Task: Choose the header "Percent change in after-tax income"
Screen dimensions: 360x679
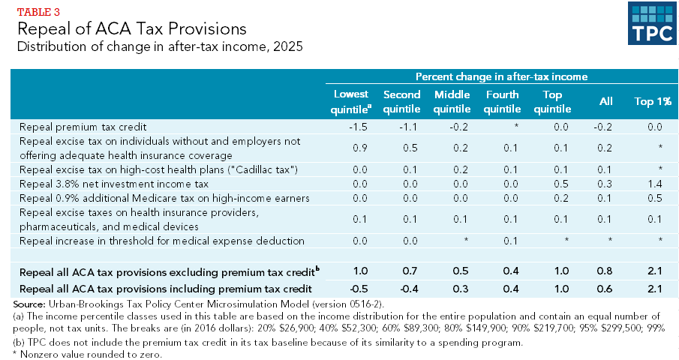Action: click(500, 76)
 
